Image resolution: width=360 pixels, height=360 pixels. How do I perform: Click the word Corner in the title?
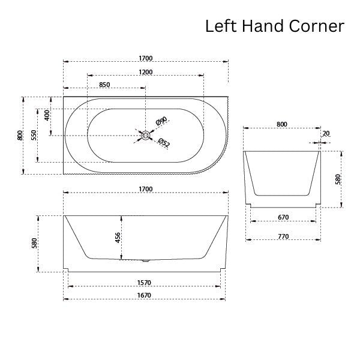[x=317, y=26]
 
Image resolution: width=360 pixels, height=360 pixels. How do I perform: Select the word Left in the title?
[x=221, y=26]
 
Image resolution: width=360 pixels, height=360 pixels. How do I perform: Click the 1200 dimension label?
[x=146, y=72]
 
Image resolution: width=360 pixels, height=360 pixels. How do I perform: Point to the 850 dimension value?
[x=104, y=85]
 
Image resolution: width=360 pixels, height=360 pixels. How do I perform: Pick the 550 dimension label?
[x=34, y=135]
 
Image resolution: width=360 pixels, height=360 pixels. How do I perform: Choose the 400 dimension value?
[x=47, y=115]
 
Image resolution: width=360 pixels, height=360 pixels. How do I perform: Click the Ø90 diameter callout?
[x=161, y=121]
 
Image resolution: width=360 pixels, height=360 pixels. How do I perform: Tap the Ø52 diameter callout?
[x=164, y=143]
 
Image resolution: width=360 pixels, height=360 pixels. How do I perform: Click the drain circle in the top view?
[x=146, y=135]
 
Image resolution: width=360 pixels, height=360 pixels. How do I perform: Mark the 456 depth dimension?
[x=118, y=238]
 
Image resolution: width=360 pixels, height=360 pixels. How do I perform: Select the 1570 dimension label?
[x=144, y=283]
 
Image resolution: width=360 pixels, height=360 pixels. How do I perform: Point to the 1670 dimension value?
[x=144, y=295]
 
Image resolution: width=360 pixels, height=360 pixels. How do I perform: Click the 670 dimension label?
[x=283, y=217]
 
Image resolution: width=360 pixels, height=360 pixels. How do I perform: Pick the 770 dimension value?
[x=283, y=236]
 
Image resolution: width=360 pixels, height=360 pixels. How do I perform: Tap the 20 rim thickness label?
[x=326, y=133]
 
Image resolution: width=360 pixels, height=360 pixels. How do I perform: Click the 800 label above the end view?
[x=282, y=124]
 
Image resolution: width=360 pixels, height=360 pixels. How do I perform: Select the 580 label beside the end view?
[x=338, y=179]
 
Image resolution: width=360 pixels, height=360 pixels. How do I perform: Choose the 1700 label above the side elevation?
[x=146, y=189]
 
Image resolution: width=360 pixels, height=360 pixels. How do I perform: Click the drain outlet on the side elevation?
[x=146, y=260]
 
